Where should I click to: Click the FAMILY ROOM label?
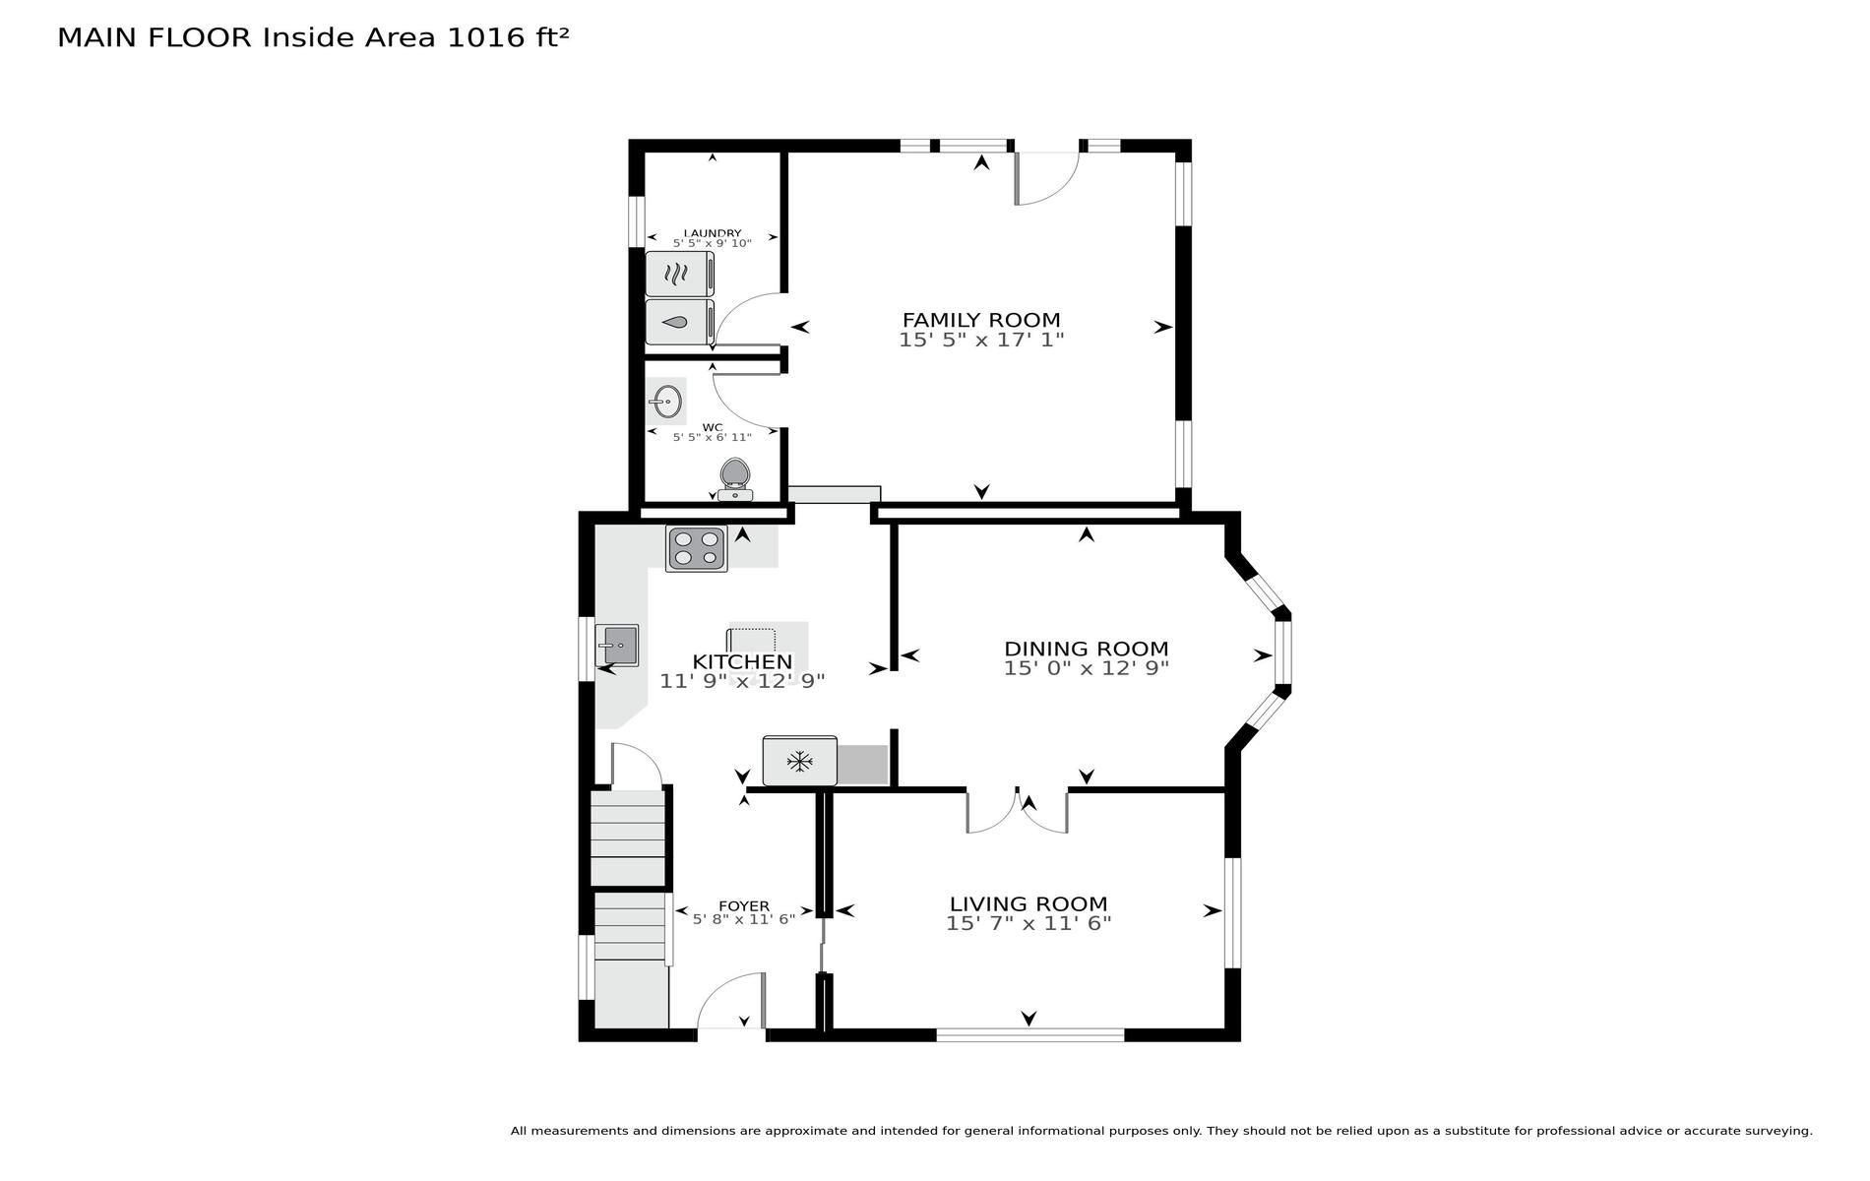coord(981,320)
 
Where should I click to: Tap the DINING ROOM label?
coord(1086,649)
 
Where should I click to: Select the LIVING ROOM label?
coord(1028,903)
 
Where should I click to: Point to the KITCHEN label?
coord(742,661)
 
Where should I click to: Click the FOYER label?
coord(744,906)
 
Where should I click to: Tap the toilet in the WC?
coord(735,480)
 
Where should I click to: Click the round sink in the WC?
coord(667,402)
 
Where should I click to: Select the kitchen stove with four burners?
coord(697,548)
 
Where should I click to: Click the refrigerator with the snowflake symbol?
coord(799,761)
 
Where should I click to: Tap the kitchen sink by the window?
coord(617,646)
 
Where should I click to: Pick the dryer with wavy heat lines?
coord(679,274)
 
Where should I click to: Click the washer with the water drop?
coord(679,322)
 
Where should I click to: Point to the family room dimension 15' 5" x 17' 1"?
coord(981,341)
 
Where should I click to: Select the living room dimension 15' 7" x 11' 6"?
coord(1028,923)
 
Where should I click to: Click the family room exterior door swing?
coord(1047,178)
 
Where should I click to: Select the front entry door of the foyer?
coord(731,1002)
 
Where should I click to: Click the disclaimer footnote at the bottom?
coord(1161,1131)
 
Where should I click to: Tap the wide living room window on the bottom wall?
coord(1029,1034)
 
